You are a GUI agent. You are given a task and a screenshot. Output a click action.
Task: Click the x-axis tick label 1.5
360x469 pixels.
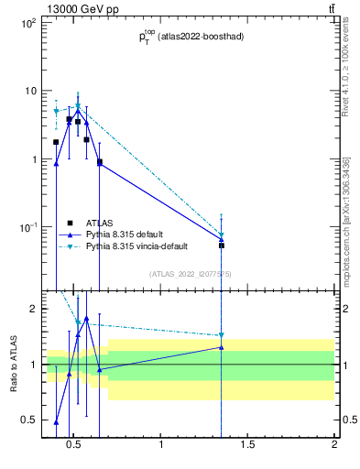pyautogui.click(x=248, y=446)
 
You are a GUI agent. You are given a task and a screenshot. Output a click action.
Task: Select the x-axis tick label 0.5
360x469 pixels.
pyautogui.click(x=75, y=446)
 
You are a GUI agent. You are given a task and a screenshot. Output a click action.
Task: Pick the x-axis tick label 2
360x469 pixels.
pyautogui.click(x=334, y=446)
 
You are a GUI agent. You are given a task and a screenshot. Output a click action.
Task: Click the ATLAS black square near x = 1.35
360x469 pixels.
pyautogui.click(x=221, y=245)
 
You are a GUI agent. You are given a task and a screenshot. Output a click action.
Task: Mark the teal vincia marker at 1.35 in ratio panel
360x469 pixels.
pyautogui.click(x=221, y=335)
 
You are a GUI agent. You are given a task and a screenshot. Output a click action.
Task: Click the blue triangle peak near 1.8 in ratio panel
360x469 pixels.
pyautogui.click(x=86, y=319)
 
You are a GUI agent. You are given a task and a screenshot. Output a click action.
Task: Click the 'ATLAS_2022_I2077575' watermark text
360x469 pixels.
pyautogui.click(x=191, y=274)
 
